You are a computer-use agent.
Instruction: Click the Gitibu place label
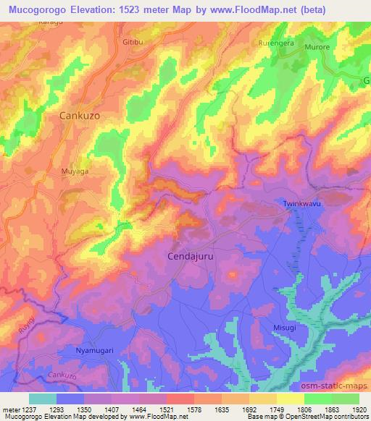coord(134,43)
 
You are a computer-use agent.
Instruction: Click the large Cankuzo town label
coord(84,115)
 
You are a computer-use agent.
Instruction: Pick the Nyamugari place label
coord(95,350)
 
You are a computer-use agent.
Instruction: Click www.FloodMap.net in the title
coord(245,9)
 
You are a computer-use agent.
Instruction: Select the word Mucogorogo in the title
coord(32,9)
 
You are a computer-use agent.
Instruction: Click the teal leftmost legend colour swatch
coord(43,399)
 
